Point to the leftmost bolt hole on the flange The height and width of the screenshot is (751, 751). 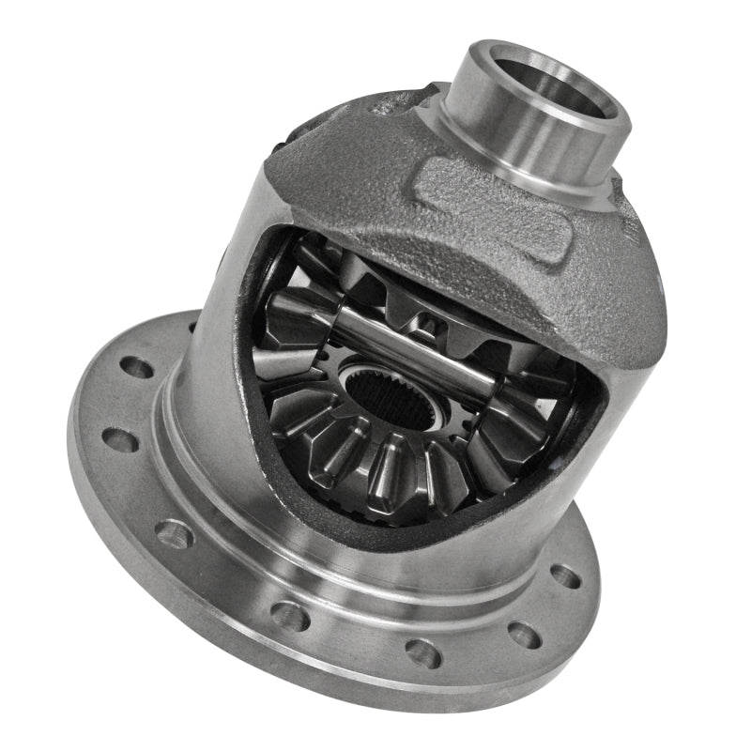tap(120, 437)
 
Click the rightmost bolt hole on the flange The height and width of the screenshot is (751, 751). tap(565, 575)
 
